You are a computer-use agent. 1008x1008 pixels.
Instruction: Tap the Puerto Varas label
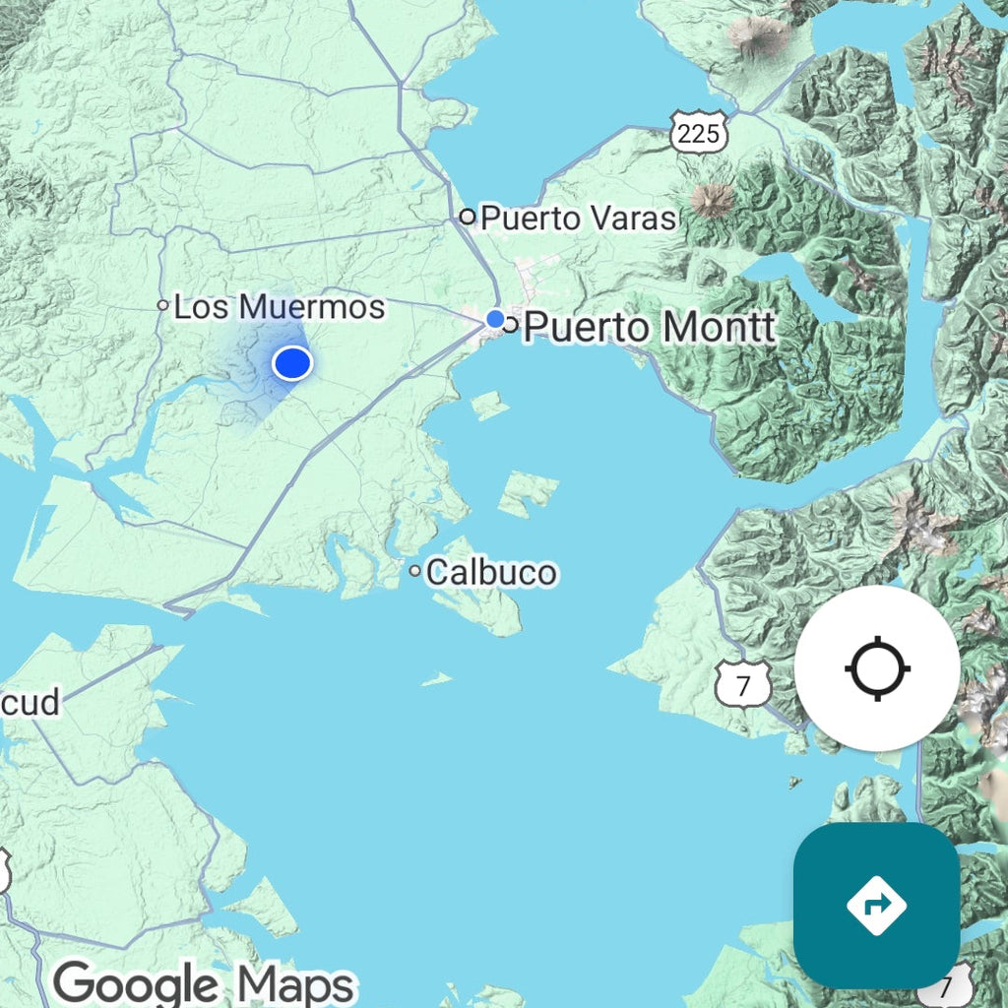[x=579, y=218]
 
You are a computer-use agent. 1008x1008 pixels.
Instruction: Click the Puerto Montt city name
[x=650, y=326]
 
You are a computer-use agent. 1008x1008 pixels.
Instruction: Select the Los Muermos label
[x=279, y=307]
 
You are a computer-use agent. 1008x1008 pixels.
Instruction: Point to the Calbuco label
[x=491, y=572]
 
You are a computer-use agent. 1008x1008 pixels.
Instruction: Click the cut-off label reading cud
[x=30, y=702]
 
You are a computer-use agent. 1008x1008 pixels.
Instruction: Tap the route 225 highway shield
[x=699, y=132]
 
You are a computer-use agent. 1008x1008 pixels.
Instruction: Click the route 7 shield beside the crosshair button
[x=743, y=684]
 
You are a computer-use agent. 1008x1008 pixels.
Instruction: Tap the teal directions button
[x=876, y=905]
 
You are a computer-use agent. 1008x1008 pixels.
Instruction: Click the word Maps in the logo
[x=295, y=983]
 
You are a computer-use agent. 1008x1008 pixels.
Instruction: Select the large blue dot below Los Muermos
[x=292, y=363]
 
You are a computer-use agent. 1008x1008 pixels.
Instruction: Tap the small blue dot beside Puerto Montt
[x=495, y=319]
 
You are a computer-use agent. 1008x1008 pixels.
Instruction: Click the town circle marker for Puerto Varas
[x=468, y=217]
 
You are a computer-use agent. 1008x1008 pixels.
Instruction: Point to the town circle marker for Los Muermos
[x=163, y=305]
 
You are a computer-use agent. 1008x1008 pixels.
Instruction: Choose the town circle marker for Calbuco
[x=415, y=570]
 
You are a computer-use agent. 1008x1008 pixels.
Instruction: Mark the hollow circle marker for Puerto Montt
[x=510, y=325]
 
